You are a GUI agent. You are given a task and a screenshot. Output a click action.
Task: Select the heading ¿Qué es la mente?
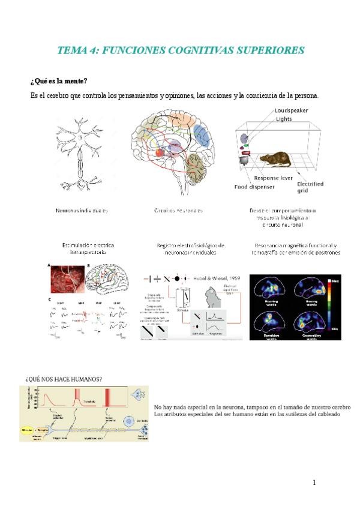(59, 81)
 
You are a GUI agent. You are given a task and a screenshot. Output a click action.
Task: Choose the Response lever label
(274, 178)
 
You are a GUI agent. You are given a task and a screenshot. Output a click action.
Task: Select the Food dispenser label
(254, 187)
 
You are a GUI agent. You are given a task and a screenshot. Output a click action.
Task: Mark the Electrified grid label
(310, 187)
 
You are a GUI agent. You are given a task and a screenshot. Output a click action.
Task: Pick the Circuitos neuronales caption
(178, 211)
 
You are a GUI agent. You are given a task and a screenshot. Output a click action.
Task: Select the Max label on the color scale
(335, 280)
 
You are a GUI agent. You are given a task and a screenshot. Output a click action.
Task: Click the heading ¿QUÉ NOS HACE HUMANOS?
(63, 379)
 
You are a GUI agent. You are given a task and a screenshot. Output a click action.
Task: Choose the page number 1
(314, 483)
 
